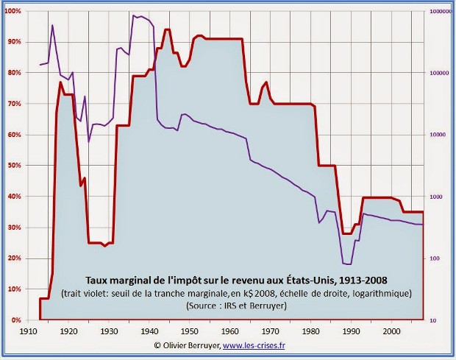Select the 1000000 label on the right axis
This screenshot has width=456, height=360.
coord(440,11)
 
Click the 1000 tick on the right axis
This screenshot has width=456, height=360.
coord(434,197)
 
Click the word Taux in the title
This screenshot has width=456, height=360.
coord(99,280)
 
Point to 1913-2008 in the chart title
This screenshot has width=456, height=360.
coord(363,280)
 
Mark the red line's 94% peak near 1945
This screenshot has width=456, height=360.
coord(167,29)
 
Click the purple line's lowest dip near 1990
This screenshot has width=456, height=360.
coord(348,264)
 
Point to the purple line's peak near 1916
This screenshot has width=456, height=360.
coord(52,25)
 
